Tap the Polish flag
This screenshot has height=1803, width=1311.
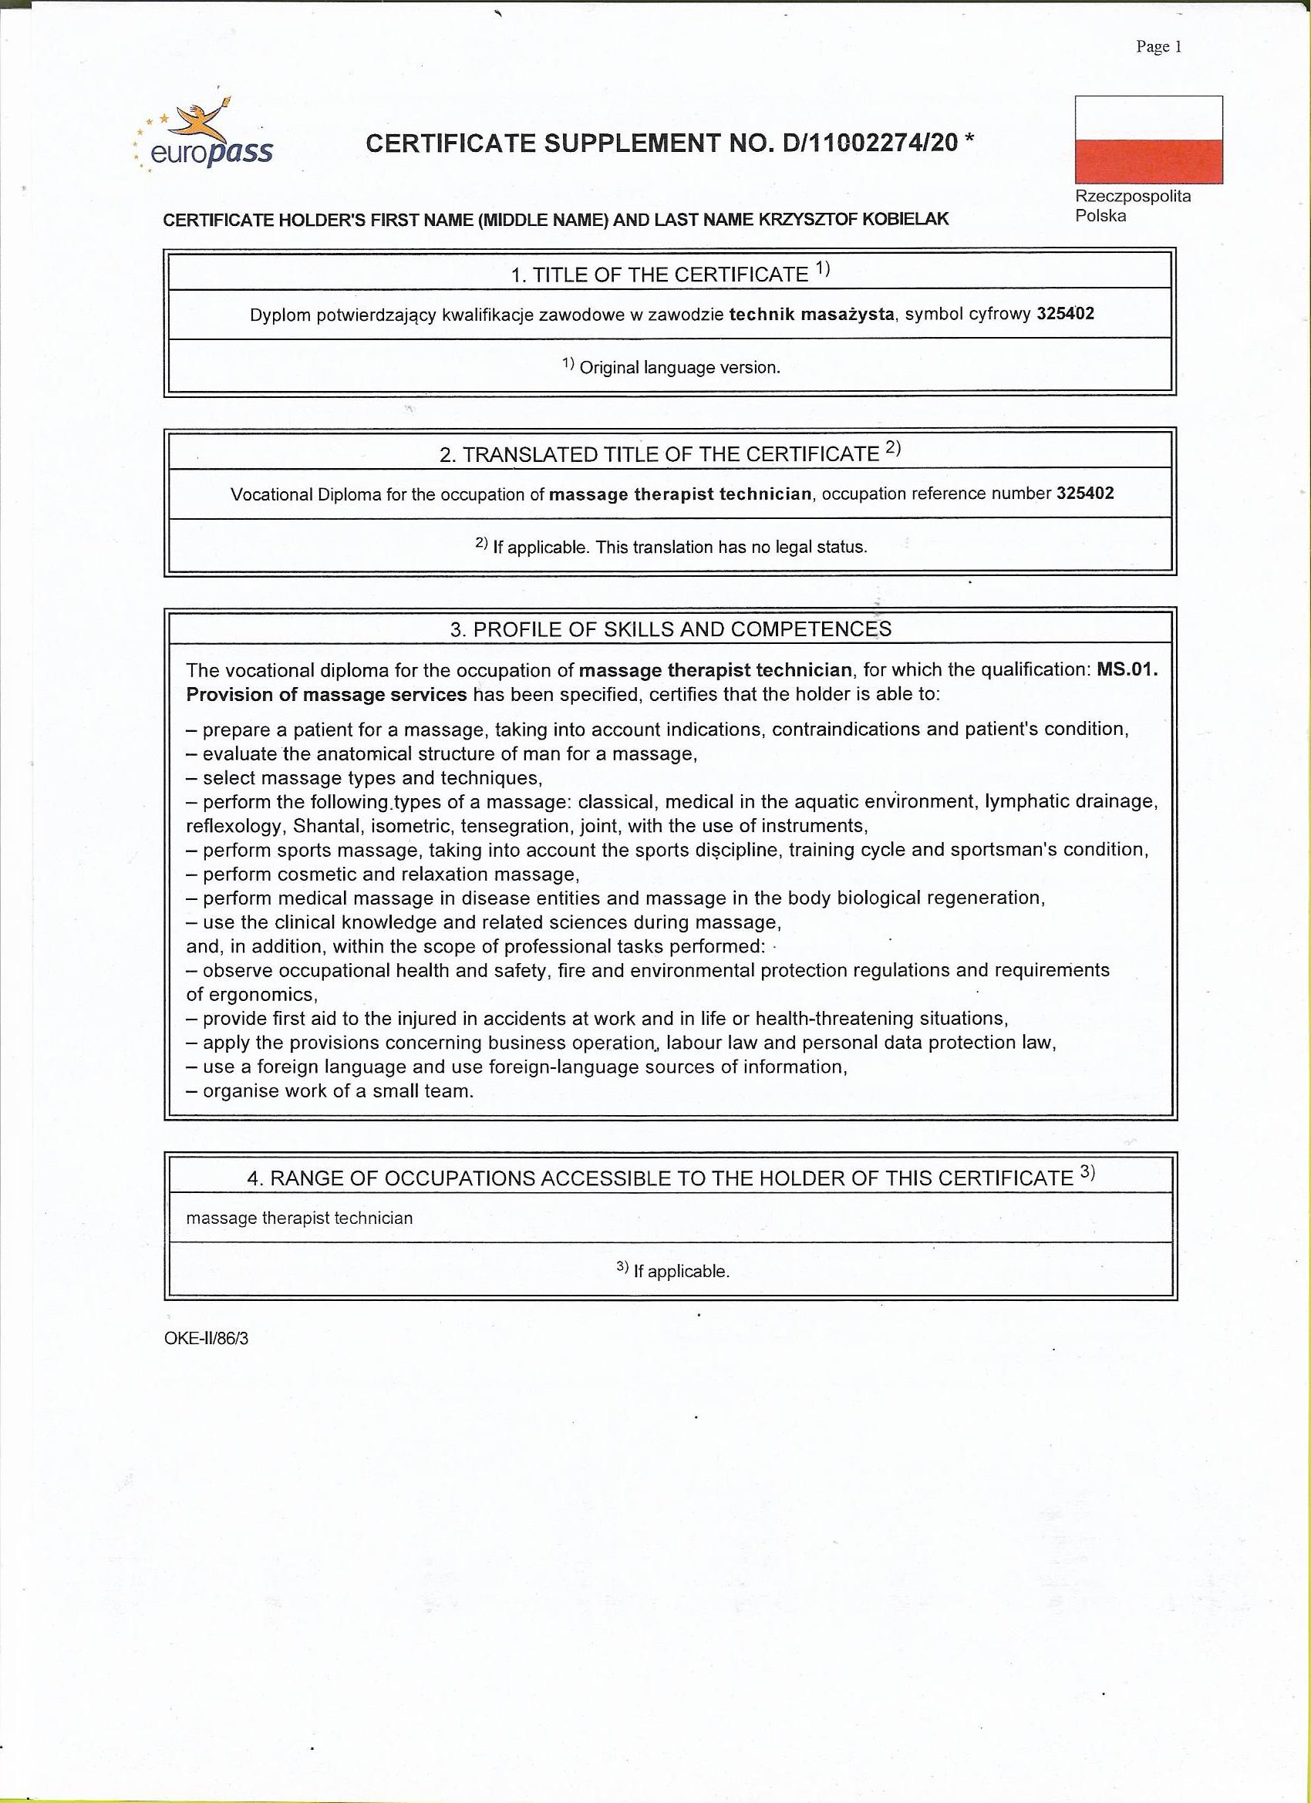tap(1148, 140)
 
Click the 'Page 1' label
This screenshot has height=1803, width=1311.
tap(1158, 47)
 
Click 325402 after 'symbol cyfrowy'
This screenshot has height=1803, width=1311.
tap(1064, 313)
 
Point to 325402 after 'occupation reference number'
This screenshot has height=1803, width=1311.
tap(1084, 493)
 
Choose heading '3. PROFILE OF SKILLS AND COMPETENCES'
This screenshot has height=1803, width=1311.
tap(670, 629)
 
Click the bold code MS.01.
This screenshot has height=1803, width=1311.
tap(1127, 669)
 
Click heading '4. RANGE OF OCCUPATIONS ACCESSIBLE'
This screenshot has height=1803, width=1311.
tap(670, 1178)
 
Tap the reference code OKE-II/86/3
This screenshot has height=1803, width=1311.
tap(207, 1338)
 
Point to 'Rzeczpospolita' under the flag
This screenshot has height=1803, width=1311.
tap(1133, 197)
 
